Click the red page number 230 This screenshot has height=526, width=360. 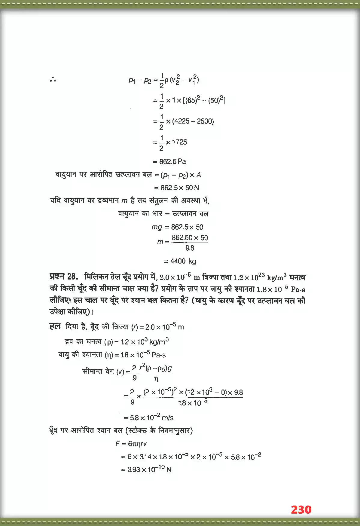(301, 509)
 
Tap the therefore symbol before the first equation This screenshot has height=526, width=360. (53, 80)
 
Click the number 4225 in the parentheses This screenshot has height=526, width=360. (182, 121)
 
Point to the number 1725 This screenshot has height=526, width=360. (179, 142)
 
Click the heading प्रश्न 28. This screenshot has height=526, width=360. (64, 277)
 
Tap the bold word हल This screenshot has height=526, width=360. (55, 326)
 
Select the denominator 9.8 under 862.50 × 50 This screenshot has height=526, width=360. (190, 248)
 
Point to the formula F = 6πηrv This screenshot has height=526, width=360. (131, 444)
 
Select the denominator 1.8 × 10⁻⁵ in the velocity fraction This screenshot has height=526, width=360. (193, 403)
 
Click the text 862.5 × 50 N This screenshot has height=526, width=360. (180, 188)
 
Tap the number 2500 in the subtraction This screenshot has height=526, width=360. (205, 121)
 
